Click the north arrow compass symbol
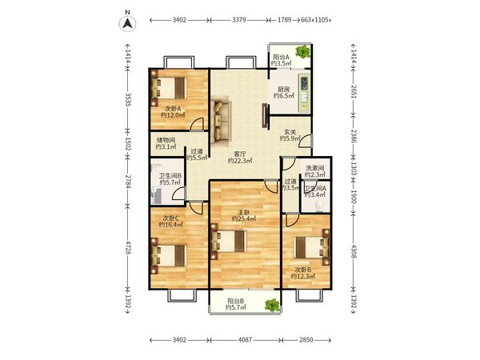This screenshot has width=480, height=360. point(128,23)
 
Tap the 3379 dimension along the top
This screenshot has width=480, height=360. point(238,20)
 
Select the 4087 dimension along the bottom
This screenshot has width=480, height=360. point(246,340)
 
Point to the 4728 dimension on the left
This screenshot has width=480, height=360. point(128,246)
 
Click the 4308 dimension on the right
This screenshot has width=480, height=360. point(354,251)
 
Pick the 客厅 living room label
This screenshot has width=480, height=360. point(240,154)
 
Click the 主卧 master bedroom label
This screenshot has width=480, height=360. point(244,212)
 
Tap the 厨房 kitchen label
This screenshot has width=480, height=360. point(283,89)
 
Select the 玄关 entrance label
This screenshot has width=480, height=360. point(290,132)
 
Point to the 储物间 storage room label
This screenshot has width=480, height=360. point(166,140)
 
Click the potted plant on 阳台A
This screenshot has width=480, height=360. point(303,51)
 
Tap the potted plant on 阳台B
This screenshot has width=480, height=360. point(273,305)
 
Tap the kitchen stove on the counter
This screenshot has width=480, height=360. point(305,84)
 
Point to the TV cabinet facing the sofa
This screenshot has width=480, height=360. point(265,115)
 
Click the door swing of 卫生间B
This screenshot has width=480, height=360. point(178,194)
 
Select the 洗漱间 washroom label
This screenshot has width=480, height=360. point(314,168)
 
